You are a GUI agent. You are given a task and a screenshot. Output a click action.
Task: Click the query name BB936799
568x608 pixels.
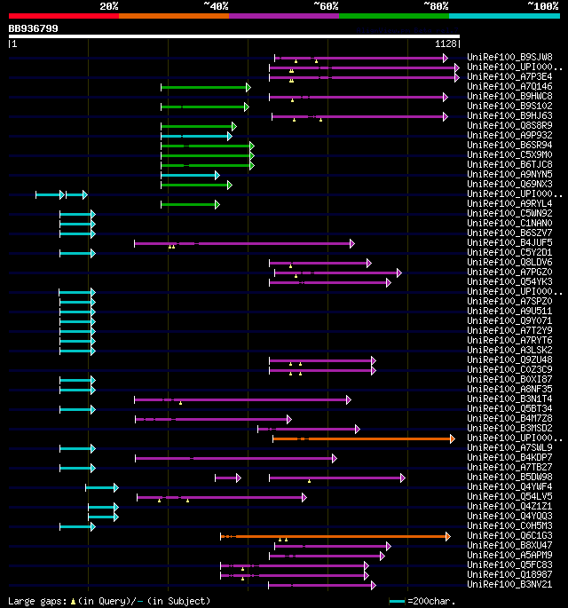click(34, 28)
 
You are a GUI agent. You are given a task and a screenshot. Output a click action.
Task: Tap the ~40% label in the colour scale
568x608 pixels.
click(216, 6)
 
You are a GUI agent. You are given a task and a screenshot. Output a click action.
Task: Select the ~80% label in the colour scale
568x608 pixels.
click(436, 6)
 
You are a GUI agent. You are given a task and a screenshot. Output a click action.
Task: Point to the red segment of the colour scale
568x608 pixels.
click(63, 15)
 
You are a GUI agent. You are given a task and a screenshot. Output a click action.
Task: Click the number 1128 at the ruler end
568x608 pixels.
click(446, 43)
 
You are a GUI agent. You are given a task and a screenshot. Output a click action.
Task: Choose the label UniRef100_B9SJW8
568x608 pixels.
click(510, 58)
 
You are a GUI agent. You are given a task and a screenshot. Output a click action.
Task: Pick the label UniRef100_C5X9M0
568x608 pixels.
click(510, 155)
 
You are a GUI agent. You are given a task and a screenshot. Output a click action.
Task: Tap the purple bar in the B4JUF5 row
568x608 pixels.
click(244, 243)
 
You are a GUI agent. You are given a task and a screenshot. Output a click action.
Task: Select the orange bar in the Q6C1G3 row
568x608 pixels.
click(335, 536)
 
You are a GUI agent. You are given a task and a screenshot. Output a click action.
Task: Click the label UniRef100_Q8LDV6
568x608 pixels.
click(510, 263)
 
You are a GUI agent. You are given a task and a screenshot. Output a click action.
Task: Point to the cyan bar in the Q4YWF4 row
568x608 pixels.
click(100, 487)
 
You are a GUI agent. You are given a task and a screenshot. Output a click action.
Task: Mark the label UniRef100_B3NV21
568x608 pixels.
click(510, 585)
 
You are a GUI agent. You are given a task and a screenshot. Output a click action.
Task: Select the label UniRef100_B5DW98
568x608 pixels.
click(510, 478)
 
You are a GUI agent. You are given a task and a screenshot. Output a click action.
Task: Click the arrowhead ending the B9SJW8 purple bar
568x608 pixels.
click(446, 58)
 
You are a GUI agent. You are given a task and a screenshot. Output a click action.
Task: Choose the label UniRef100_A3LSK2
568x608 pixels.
click(510, 351)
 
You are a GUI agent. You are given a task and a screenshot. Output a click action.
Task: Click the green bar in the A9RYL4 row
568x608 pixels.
click(189, 204)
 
